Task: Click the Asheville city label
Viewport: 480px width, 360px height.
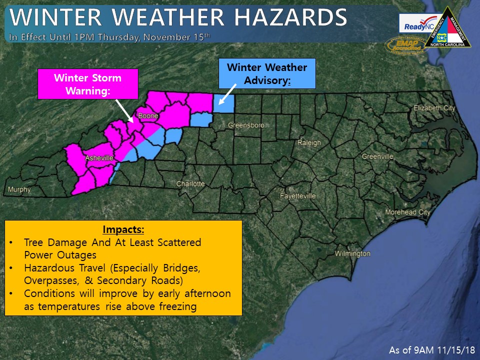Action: [x=100, y=158]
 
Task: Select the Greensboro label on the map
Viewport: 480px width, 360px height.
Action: [x=245, y=125]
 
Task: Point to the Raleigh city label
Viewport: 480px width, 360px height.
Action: [x=309, y=142]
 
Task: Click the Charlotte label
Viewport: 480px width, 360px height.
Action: [x=190, y=184]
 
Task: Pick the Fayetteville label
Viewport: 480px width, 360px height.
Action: [x=297, y=195]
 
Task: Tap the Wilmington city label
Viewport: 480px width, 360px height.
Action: [x=352, y=253]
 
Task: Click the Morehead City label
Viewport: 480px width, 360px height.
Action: [x=407, y=212]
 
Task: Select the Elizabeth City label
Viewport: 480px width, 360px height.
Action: [x=434, y=108]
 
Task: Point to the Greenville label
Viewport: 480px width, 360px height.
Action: [x=377, y=156]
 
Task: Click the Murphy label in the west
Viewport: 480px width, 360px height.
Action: [x=19, y=189]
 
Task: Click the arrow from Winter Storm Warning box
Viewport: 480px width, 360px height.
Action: [x=124, y=110]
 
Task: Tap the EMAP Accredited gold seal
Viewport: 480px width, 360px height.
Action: [x=403, y=44]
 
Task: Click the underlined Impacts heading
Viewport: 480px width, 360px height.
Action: [x=123, y=230]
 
